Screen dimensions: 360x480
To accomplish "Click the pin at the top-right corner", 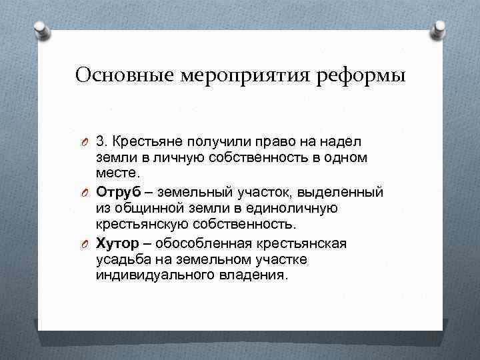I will pyautogui.click(x=440, y=29).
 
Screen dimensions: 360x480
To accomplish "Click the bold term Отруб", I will pyautogui.click(x=117, y=192).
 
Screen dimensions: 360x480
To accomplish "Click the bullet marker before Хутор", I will pyautogui.click(x=82, y=243).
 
